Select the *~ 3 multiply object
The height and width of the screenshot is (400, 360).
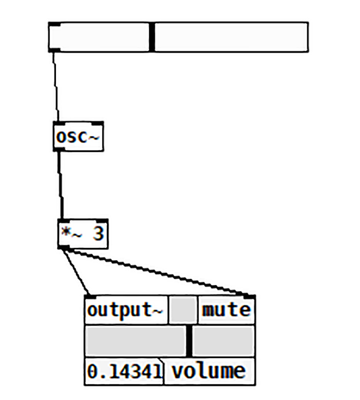[83, 233]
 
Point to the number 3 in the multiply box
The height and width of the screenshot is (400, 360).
[98, 234]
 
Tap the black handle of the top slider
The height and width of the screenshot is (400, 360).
[152, 37]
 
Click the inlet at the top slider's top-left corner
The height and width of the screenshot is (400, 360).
[54, 25]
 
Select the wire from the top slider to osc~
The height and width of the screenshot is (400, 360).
[56, 87]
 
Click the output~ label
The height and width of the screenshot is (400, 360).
[125, 311]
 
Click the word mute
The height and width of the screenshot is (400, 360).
[226, 311]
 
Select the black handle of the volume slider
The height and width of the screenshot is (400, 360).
[190, 341]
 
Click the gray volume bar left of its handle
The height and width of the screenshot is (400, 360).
[135, 341]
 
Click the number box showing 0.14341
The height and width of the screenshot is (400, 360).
[124, 371]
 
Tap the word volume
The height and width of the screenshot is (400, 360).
[208, 371]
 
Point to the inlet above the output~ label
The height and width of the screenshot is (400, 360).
[90, 297]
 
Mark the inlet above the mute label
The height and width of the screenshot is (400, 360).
[249, 297]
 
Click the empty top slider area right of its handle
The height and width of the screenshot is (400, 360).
[231, 37]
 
